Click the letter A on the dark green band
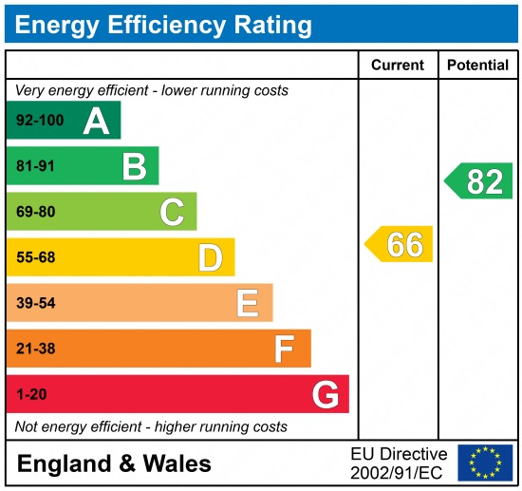(95, 121)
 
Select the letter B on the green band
(134, 166)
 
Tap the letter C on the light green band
(172, 212)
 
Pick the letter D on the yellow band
(210, 257)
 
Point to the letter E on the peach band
(247, 303)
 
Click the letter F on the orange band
(284, 349)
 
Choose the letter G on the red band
(325, 394)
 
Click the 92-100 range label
(40, 121)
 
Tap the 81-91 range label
(36, 166)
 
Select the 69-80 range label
(36, 212)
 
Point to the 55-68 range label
(36, 257)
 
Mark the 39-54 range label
(36, 303)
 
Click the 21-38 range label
(36, 349)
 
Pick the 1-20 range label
(31, 394)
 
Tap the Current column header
(398, 66)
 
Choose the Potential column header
(478, 66)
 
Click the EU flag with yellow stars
(484, 463)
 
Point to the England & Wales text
(114, 463)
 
